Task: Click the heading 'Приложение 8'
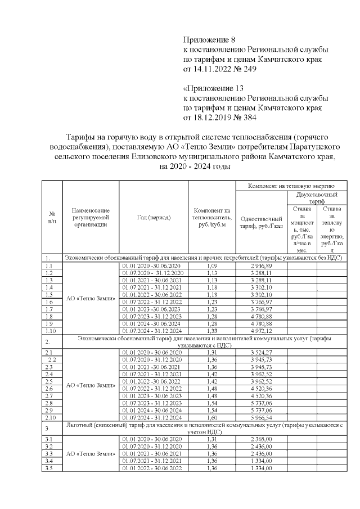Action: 209,40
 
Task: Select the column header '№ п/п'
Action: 52,217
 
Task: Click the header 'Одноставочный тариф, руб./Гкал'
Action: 260,222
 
